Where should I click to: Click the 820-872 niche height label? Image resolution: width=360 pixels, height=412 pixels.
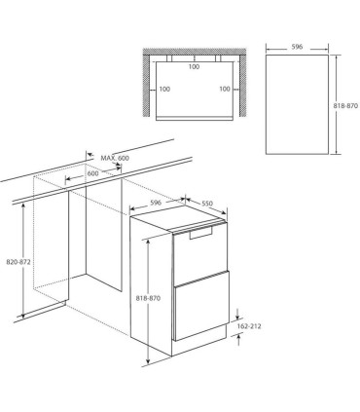click(x=18, y=262)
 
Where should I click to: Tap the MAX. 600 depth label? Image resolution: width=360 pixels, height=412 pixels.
click(x=115, y=158)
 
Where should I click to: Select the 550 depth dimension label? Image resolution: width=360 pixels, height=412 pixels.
click(x=207, y=204)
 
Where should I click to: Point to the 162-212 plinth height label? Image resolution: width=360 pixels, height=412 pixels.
click(x=249, y=326)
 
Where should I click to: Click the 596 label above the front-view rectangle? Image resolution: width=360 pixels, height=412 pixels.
click(x=297, y=47)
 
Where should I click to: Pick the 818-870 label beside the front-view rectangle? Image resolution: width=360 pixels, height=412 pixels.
click(x=345, y=105)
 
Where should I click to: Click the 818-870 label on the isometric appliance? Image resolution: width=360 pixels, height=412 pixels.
click(x=148, y=298)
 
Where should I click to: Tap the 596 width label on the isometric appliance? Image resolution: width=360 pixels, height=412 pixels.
click(x=156, y=203)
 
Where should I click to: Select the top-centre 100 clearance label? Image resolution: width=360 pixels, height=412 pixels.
click(x=194, y=67)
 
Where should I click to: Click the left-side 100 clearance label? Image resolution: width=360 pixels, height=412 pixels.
click(x=164, y=89)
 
